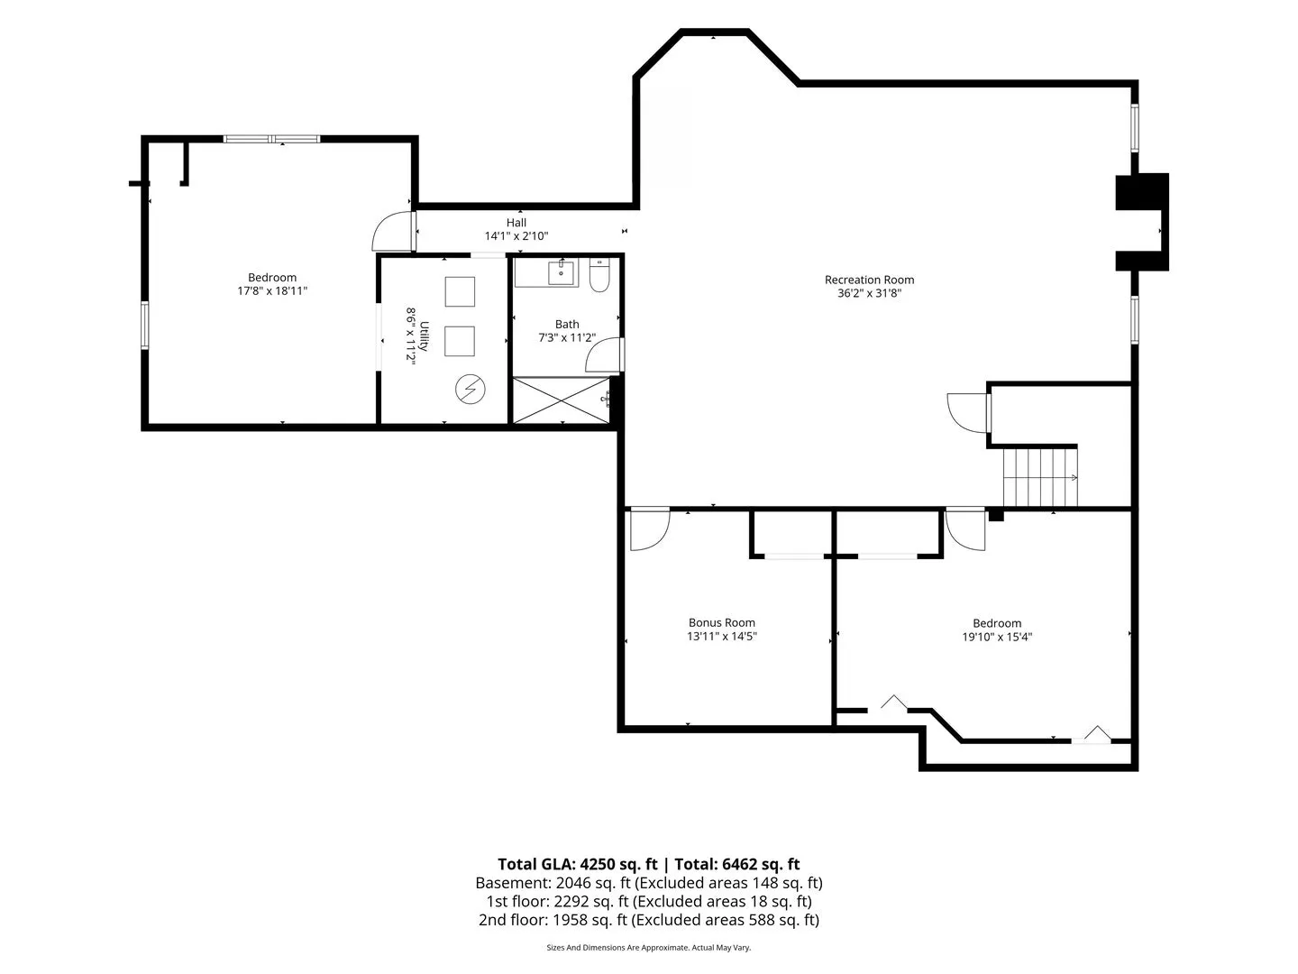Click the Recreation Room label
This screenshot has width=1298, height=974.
(869, 280)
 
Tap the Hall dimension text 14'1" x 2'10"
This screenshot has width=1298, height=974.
(516, 236)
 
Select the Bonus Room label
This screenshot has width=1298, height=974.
(721, 622)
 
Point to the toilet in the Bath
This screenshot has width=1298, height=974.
(599, 275)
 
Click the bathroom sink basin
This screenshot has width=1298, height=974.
(561, 272)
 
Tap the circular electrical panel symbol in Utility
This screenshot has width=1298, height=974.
(471, 389)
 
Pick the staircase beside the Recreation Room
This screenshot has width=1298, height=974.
(1039, 477)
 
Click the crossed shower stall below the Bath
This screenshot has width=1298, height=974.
(561, 400)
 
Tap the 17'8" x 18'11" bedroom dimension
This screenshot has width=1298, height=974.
(272, 290)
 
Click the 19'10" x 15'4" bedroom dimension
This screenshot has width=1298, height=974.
(996, 637)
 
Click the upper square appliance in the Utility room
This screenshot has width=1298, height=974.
(460, 291)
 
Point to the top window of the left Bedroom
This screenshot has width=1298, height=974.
(272, 139)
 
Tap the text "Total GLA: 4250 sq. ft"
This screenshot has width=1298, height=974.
(577, 864)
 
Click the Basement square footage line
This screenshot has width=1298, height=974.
(649, 883)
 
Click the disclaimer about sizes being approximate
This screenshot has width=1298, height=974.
(648, 947)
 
